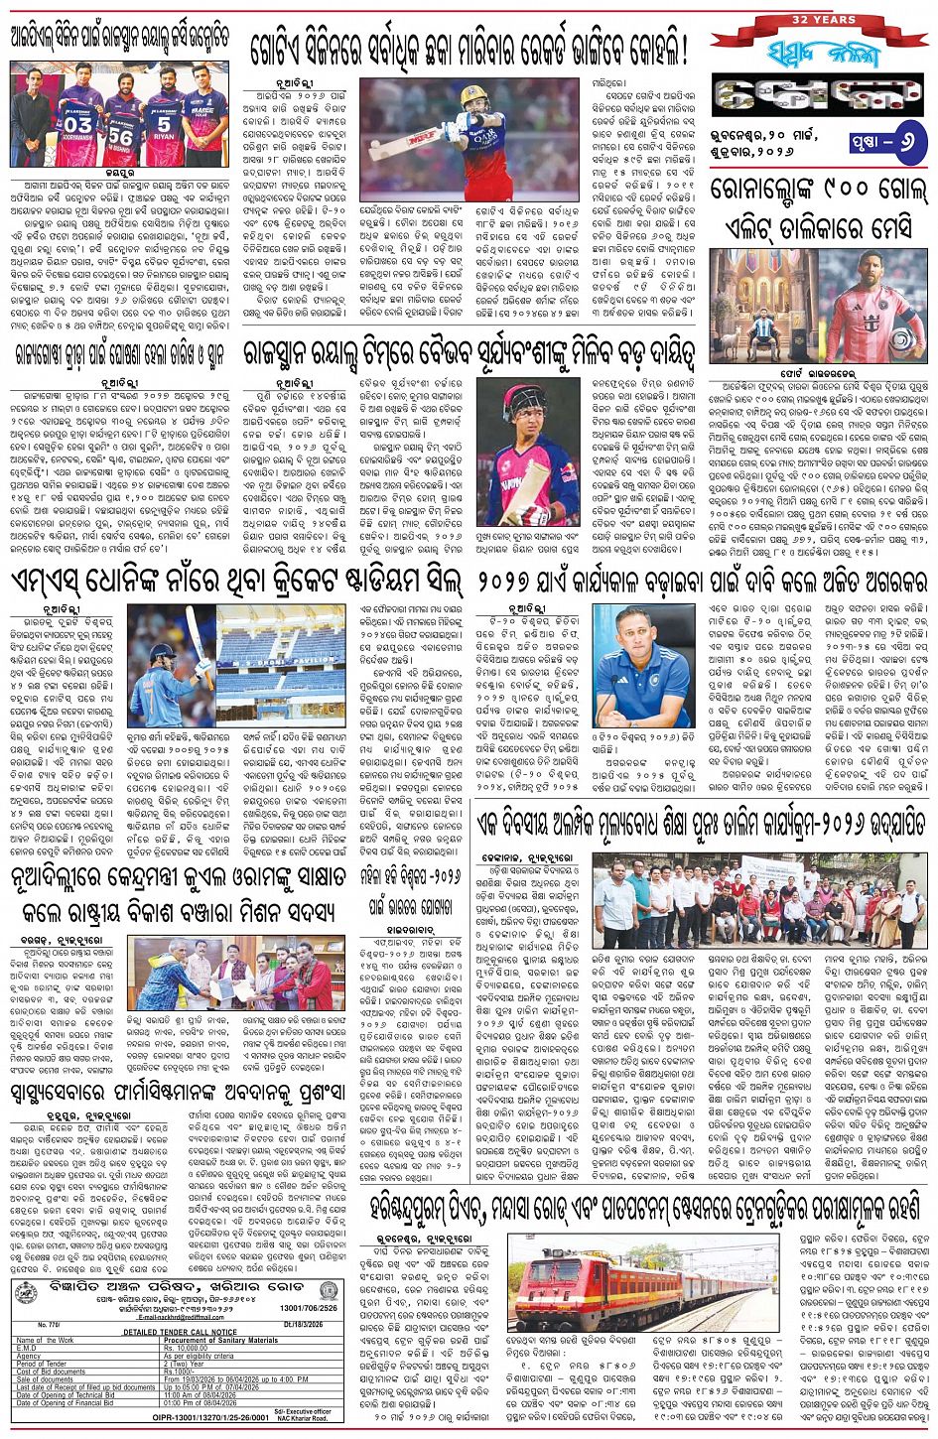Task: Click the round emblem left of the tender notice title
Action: [25, 1290]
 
